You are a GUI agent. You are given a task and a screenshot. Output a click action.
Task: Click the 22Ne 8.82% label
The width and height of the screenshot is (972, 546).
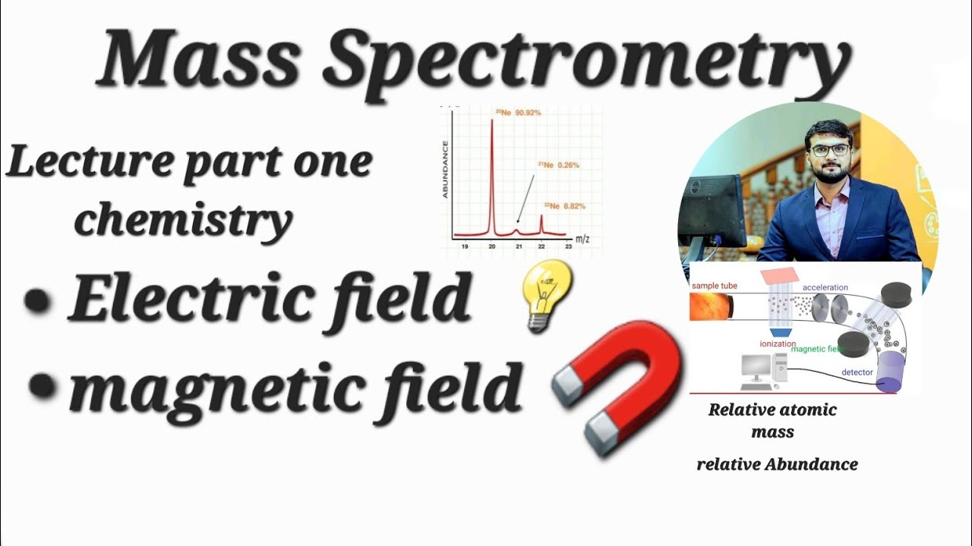click(x=564, y=206)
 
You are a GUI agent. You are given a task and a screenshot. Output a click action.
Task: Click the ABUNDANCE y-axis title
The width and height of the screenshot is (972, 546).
click(x=447, y=170)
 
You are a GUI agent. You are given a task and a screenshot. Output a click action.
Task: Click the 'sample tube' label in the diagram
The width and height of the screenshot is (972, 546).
click(x=714, y=286)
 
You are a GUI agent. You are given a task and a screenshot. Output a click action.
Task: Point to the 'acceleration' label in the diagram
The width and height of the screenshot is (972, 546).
click(x=825, y=288)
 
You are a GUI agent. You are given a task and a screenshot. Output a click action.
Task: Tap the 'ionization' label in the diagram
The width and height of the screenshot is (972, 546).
click(x=778, y=344)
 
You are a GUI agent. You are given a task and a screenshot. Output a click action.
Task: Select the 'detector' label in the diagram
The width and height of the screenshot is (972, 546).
click(x=857, y=372)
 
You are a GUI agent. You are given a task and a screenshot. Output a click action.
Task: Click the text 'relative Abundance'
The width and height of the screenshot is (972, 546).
click(x=777, y=464)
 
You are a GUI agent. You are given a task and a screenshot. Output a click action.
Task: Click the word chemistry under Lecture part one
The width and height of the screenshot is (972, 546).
click(x=183, y=219)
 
